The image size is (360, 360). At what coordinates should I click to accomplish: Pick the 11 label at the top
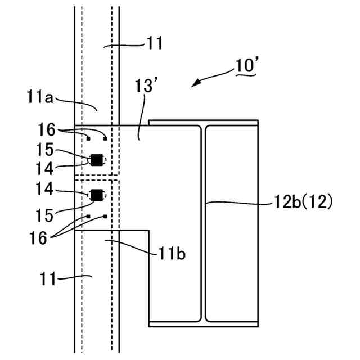click(x=155, y=42)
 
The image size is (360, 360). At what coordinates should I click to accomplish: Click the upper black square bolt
click(x=97, y=160)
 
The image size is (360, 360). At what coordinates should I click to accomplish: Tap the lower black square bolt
click(x=97, y=195)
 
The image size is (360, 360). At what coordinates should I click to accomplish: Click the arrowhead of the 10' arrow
click(x=195, y=85)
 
